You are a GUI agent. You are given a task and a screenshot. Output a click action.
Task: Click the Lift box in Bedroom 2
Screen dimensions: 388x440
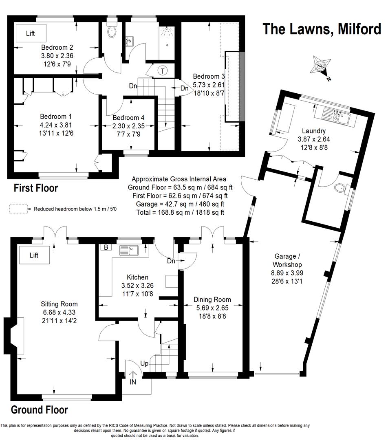pyautogui.click(x=31, y=33)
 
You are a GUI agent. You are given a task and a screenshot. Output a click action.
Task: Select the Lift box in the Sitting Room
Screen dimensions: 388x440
pyautogui.click(x=34, y=255)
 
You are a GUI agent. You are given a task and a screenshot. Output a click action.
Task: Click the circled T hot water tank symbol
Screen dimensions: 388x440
pyautogui.click(x=163, y=71)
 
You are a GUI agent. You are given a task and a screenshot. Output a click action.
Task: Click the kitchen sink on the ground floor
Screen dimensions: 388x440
pyautogui.click(x=129, y=250)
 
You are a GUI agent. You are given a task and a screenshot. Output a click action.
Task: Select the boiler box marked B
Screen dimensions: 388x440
pyautogui.click(x=106, y=247)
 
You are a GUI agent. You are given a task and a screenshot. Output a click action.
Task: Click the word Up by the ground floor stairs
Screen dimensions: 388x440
pyautogui.click(x=144, y=363)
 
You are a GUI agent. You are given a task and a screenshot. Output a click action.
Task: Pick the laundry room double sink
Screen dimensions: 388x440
pyautogui.click(x=337, y=116)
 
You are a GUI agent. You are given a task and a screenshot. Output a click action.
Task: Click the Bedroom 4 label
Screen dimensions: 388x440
pyautogui.click(x=128, y=118)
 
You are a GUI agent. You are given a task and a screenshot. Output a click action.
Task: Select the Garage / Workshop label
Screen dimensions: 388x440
pyautogui.click(x=287, y=260)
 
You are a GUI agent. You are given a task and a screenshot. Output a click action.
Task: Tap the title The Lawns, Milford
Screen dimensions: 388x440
pyautogui.click(x=322, y=29)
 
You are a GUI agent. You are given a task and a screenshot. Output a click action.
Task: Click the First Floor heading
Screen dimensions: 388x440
pyautogui.click(x=36, y=188)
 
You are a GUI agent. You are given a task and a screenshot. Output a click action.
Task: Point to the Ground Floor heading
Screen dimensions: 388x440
pyautogui.click(x=39, y=410)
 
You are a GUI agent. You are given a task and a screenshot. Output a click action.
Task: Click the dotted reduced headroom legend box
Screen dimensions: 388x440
pyautogui.click(x=18, y=209)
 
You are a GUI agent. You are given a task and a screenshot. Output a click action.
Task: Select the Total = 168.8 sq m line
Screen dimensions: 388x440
pyautogui.click(x=180, y=212)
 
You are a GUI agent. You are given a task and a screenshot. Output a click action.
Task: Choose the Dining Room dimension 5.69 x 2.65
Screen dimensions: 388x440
pyautogui.click(x=212, y=308)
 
